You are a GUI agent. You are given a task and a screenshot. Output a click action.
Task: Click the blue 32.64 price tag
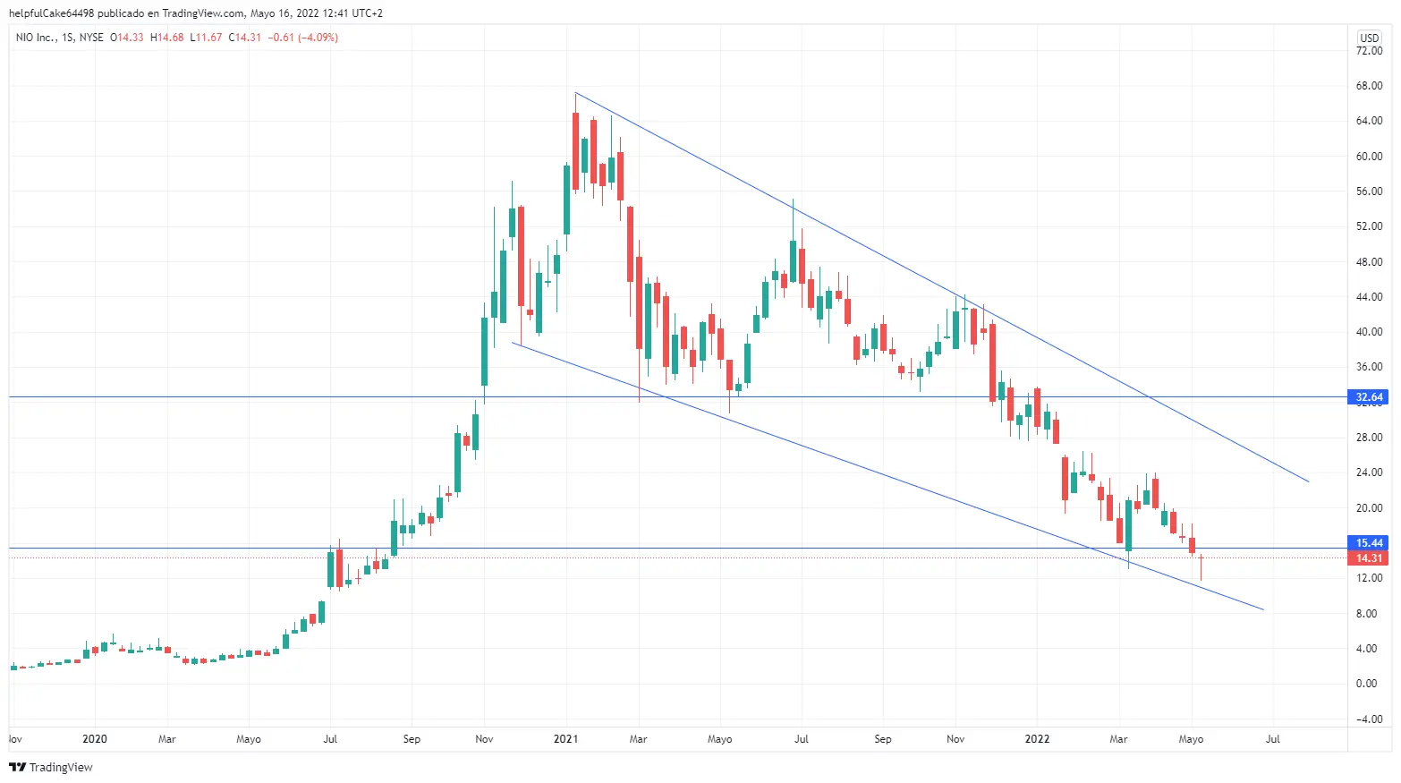pos(1368,396)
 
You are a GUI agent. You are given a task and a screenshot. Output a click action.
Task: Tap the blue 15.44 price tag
pos(1368,543)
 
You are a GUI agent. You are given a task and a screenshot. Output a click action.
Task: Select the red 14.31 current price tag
pos(1368,558)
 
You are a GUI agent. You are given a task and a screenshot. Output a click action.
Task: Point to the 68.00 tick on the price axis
pos(1369,86)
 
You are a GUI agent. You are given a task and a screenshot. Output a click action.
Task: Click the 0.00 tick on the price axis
pos(1366,684)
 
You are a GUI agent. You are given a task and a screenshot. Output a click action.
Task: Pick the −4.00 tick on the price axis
pos(1368,719)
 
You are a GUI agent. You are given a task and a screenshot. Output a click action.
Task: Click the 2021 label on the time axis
pos(565,739)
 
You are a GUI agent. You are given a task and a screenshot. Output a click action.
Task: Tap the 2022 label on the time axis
pos(1037,739)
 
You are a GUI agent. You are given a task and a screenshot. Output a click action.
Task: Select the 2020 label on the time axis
pos(94,739)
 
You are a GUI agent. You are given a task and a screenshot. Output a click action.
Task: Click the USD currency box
pos(1370,38)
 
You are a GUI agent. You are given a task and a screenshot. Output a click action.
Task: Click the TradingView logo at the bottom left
pos(51,767)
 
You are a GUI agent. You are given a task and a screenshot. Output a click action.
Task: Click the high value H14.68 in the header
pos(167,38)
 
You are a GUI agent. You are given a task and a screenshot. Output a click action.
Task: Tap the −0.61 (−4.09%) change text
pos(302,38)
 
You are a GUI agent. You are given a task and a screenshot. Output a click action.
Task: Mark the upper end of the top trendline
pos(575,92)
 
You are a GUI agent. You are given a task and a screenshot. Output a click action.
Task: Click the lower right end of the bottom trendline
pos(1263,609)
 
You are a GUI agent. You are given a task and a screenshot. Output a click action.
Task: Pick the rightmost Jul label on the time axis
pos(1272,739)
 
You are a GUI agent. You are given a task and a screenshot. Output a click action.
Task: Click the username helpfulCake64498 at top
pos(51,13)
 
